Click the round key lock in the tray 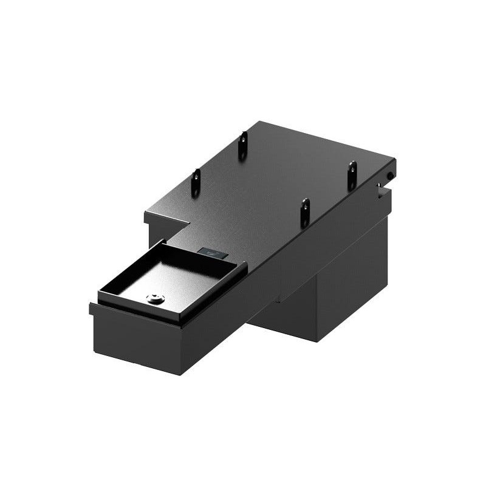point(154,298)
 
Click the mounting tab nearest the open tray point(196,182)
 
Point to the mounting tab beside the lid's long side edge point(305,212)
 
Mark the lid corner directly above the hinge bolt point(394,160)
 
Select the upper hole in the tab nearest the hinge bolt point(352,167)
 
